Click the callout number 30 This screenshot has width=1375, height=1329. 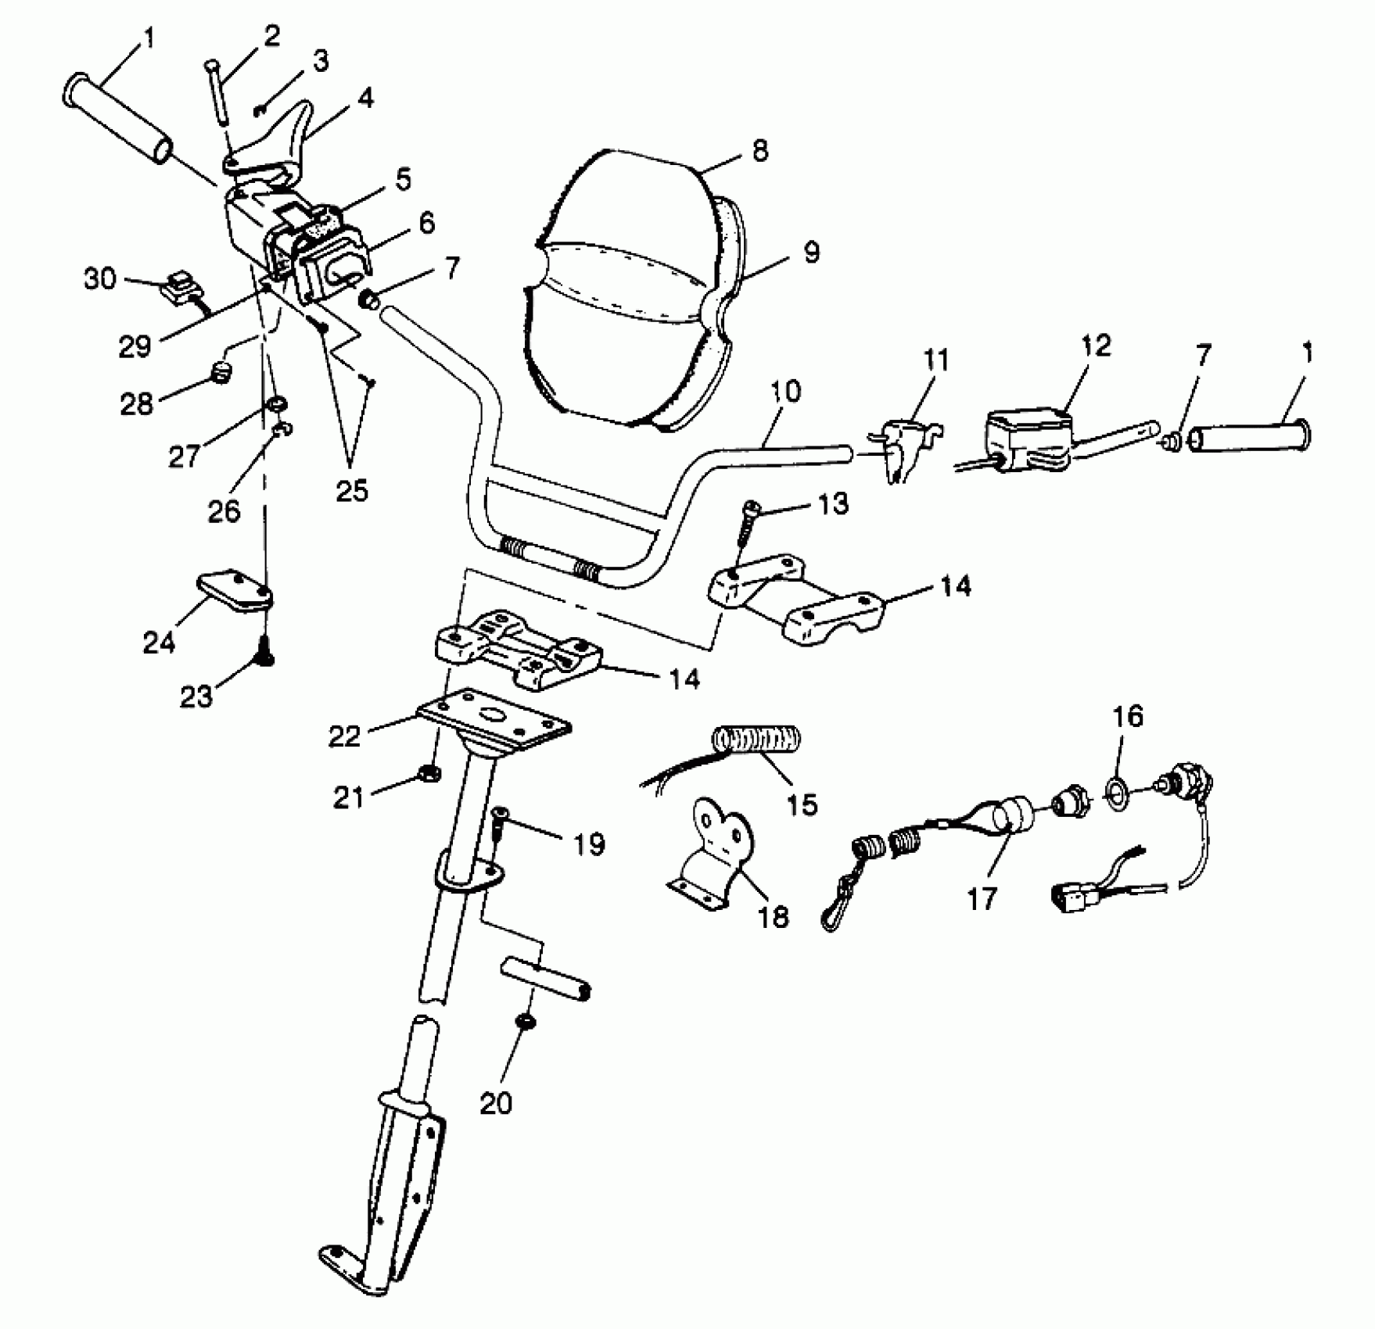click(99, 278)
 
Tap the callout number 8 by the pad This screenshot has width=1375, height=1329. click(759, 150)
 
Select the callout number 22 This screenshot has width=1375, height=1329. click(345, 736)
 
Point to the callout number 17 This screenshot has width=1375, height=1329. click(982, 898)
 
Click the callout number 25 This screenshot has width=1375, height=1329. click(351, 490)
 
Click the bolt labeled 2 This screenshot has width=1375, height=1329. click(218, 91)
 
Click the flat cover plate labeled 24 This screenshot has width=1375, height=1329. click(233, 590)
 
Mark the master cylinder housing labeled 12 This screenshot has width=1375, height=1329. click(1027, 439)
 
